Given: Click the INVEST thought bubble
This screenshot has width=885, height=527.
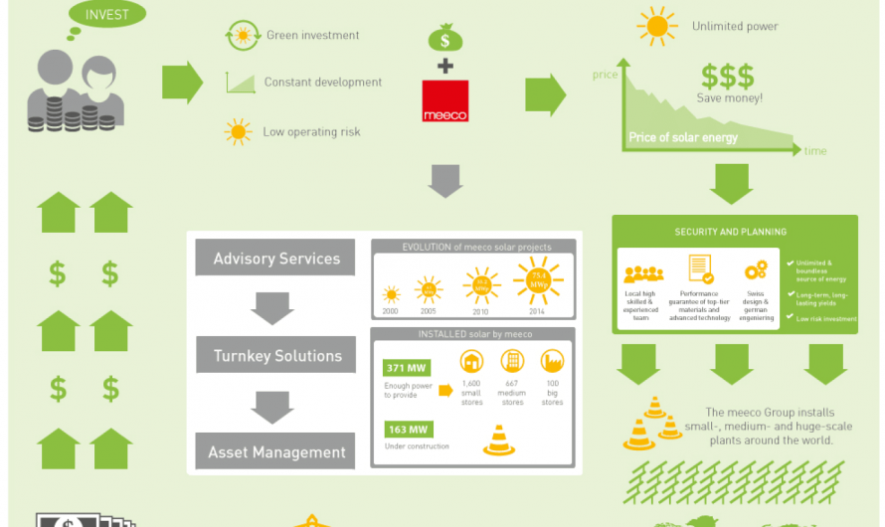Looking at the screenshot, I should pos(107,15).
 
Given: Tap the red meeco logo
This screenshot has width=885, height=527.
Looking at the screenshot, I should pos(444,102).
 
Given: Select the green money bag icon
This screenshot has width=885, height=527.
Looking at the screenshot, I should pos(444,38).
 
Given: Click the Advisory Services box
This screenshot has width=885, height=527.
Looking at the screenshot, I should pos(276,259).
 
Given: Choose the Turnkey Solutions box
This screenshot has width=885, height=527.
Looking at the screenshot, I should pos(276,356).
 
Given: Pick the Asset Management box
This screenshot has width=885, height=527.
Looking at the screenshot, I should pos(276,452).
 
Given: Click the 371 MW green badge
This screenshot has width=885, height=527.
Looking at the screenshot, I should pos(406,367).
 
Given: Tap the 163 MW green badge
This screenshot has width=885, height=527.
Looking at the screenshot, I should pos(406,430).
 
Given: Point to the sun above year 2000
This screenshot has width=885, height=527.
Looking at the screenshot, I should pos(391,294).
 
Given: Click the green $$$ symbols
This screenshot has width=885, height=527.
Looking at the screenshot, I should pos(727,76).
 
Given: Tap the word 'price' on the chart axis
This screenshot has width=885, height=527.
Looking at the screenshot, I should pos(605,75).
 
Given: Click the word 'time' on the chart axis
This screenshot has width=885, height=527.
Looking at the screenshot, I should pos(814,152).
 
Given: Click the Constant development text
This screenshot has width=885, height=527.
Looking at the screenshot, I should pos(322,83).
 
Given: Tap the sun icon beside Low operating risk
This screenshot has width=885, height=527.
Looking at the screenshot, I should pos(238,131).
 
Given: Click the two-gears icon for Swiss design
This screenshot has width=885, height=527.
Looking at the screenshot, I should pos(756,270).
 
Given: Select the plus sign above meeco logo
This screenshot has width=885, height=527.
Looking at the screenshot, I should pos(444,67).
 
